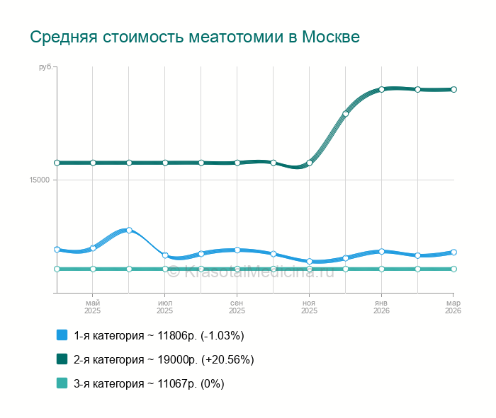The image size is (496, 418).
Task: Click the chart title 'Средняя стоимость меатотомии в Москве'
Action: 195,37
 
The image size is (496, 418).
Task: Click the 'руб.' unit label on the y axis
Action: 45,67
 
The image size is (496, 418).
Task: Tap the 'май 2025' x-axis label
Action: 93,306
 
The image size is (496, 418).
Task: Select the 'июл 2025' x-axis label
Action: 165,306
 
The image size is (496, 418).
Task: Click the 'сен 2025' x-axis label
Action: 237,306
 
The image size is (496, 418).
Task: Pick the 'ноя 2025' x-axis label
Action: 309,306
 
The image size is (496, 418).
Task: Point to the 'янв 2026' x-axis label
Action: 381,306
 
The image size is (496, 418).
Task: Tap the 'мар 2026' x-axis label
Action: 453,306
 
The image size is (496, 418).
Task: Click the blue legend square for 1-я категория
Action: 62,335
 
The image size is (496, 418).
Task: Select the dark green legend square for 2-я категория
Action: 62,359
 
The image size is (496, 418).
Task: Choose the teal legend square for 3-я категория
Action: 62,383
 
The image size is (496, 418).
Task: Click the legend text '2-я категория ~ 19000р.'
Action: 164,359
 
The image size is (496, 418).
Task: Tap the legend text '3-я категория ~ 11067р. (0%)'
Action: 149,383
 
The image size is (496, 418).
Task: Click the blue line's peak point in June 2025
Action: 129,230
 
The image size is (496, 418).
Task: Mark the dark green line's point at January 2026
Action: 381,89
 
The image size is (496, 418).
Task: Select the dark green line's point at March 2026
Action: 453,89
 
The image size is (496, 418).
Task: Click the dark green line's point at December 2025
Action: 346,113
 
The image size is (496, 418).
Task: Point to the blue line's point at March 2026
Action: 453,252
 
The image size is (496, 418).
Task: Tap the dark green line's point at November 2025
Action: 310,163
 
